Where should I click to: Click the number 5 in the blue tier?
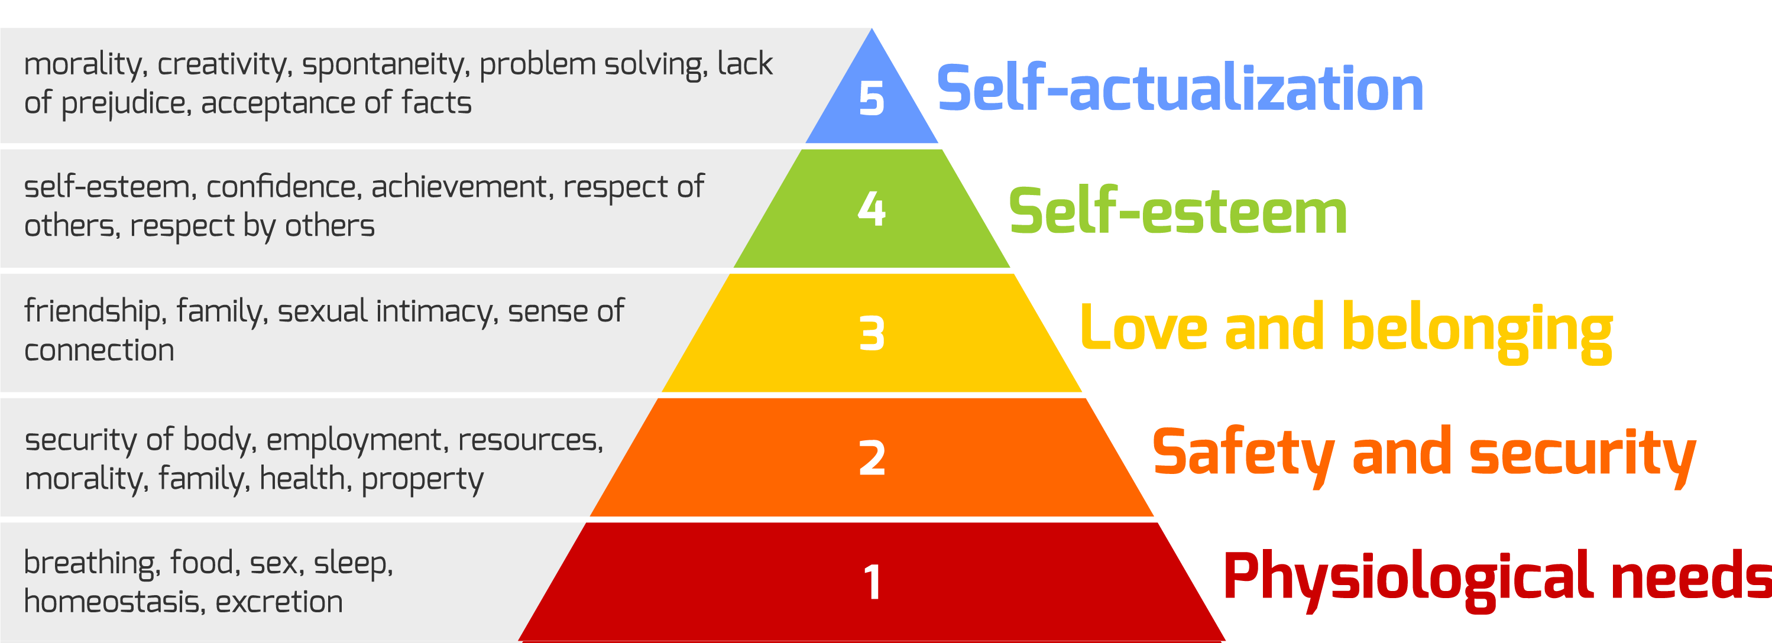coord(871,98)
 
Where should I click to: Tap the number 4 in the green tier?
coord(872,209)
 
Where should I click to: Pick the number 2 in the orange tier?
coord(872,457)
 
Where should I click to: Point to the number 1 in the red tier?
coord(872,582)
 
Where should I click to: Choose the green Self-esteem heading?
coord(1177,211)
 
